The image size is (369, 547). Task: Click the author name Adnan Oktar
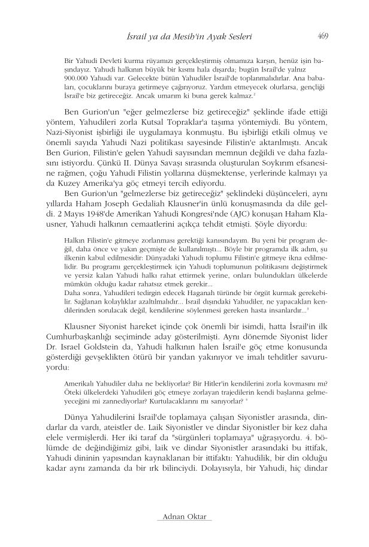click(184, 517)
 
